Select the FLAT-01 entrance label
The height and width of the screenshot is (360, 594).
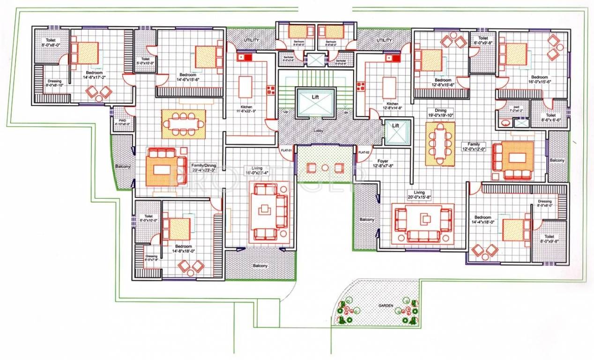coord(286,150)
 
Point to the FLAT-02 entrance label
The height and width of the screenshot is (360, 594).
coord(364,152)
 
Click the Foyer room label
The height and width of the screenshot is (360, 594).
coord(383,163)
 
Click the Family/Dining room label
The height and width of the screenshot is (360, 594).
coord(203,168)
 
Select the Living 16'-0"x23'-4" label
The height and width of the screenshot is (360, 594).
coord(255,170)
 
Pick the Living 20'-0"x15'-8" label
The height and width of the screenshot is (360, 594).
coord(419,195)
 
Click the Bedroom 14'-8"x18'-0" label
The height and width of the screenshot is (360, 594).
coord(183,249)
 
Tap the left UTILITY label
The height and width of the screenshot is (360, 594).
coord(251,41)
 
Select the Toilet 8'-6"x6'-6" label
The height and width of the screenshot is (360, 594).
coord(550,118)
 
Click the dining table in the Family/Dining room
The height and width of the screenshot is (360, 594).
coord(184,124)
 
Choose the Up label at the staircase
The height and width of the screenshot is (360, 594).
coord(286,112)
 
